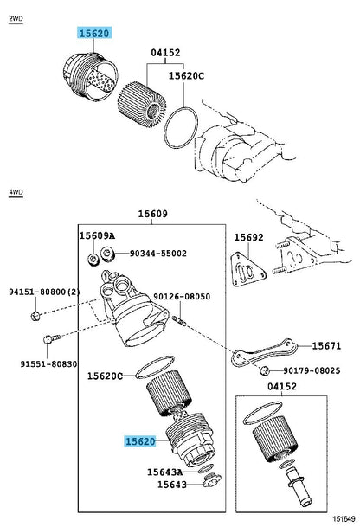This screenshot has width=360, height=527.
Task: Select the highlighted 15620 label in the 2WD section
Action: click(93, 34)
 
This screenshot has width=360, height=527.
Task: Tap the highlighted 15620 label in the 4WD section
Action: click(138, 441)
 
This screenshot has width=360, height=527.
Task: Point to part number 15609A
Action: click(97, 235)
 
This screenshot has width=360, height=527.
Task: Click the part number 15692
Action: click(249, 235)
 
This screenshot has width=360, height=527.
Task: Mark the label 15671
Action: click(327, 345)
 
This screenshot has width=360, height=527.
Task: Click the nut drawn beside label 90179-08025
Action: click(263, 371)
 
